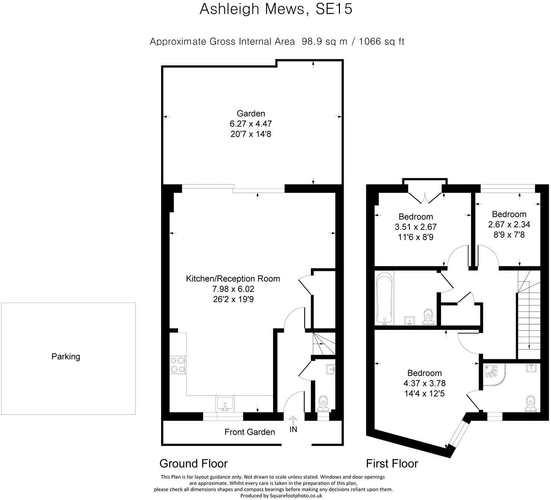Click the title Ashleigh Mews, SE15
pyautogui.click(x=276, y=9)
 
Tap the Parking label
pyautogui.click(x=66, y=356)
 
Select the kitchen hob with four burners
pyautogui.click(x=178, y=365)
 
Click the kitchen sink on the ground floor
pyautogui.click(x=225, y=403)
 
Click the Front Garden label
pyautogui.click(x=250, y=432)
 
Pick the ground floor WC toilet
pyautogui.click(x=323, y=404)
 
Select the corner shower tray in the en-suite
pyautogui.click(x=494, y=375)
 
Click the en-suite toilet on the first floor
pyautogui.click(x=530, y=404)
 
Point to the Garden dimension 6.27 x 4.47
pyautogui.click(x=251, y=124)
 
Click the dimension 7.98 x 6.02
pyautogui.click(x=233, y=289)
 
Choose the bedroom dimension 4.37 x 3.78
pyautogui.click(x=424, y=383)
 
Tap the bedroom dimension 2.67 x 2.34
pyautogui.click(x=509, y=224)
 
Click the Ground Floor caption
pyautogui.click(x=194, y=464)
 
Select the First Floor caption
pyautogui.click(x=392, y=464)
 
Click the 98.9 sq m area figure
pyautogui.click(x=325, y=41)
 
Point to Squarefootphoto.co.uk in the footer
pyautogui.click(x=296, y=496)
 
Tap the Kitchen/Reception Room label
pyautogui.click(x=233, y=279)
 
